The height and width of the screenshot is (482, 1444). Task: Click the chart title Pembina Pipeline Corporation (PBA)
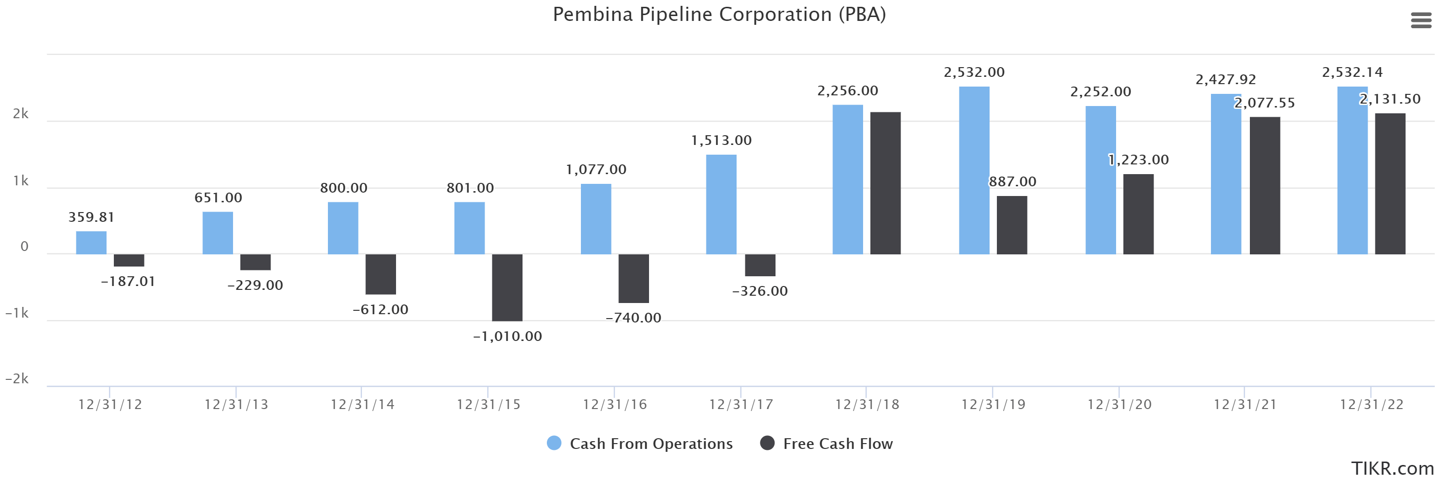(719, 15)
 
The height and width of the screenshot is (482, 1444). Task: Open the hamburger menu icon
(1421, 21)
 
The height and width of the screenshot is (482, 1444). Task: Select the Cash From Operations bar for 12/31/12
(91, 243)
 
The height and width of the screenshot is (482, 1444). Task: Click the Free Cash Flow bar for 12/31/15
(507, 287)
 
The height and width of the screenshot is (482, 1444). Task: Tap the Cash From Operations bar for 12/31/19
(974, 170)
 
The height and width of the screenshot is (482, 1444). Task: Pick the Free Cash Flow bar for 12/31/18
(885, 183)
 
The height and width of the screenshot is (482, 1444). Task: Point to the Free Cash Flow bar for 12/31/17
(760, 265)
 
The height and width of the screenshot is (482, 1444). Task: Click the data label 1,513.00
(721, 140)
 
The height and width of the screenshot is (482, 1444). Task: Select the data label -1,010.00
(507, 336)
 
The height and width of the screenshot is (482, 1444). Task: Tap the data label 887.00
(1012, 181)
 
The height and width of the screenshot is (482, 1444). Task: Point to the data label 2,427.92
(1226, 80)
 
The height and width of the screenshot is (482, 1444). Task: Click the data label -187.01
(128, 281)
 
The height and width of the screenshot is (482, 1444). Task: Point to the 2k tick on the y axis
(21, 114)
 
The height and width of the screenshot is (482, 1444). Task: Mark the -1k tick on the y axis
(18, 313)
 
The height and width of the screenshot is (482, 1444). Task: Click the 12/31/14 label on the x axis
(362, 405)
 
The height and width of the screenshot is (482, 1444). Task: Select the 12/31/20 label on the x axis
(1119, 405)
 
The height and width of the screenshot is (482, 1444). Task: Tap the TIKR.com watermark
(1392, 468)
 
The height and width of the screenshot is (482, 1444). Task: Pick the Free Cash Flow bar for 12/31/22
(1390, 184)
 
